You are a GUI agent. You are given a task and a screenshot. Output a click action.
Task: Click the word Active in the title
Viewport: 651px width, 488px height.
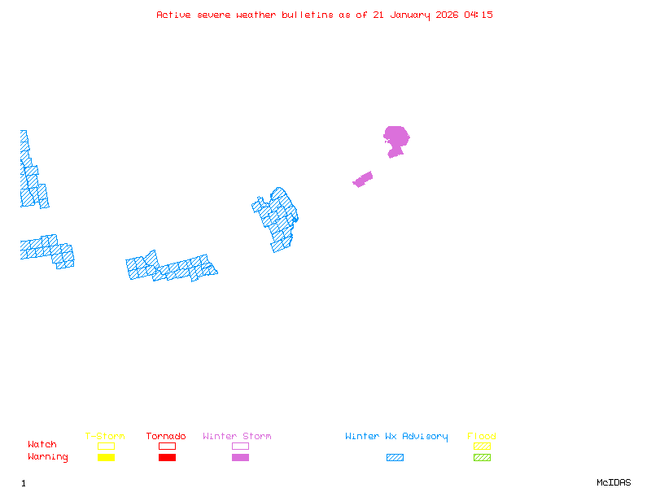[174, 15]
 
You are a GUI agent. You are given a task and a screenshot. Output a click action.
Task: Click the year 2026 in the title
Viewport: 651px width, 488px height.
[448, 15]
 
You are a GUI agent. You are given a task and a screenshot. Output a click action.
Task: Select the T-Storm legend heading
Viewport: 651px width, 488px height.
[105, 437]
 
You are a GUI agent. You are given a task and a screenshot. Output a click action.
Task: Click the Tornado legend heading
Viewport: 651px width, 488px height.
[166, 437]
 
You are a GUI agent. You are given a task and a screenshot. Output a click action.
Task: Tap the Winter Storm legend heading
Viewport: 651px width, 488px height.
[237, 437]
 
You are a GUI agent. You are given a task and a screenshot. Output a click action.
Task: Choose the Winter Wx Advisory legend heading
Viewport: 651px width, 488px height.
[396, 437]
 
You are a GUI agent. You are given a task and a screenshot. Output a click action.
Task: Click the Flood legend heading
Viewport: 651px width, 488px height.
[482, 437]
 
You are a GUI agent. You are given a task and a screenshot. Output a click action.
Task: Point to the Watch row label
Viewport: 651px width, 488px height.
[42, 445]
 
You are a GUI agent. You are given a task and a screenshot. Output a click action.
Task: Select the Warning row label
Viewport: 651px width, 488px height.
[48, 457]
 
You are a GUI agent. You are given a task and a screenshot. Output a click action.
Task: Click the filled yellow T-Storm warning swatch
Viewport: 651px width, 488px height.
[106, 457]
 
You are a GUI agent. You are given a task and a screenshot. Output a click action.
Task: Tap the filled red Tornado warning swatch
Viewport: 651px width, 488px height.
[167, 457]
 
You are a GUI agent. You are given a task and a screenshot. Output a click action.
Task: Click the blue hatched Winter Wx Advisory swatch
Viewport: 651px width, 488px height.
[395, 457]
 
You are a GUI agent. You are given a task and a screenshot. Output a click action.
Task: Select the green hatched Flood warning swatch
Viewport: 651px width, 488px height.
[482, 457]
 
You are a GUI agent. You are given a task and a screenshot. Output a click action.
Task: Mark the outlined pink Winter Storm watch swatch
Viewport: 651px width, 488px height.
[240, 446]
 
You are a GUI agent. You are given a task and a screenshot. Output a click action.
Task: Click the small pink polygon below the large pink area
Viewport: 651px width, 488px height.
[363, 179]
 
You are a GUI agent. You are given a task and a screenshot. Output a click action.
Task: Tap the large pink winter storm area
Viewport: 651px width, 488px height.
[396, 137]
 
